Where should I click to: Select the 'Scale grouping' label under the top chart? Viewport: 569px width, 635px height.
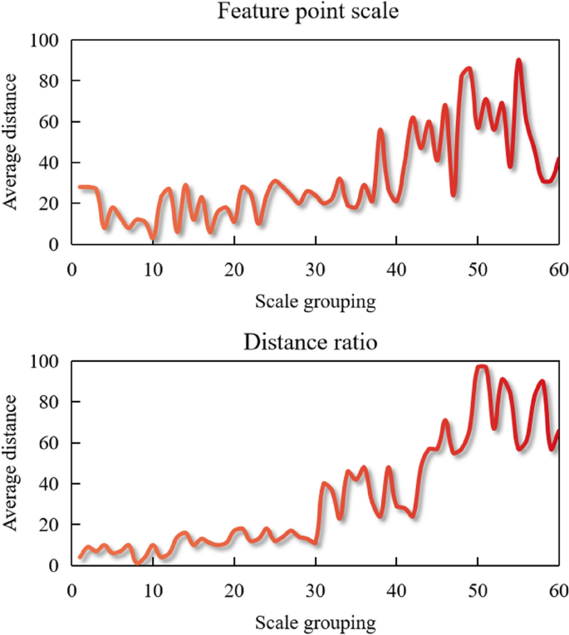pos(314,301)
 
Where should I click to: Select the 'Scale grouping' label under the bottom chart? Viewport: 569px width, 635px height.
pos(314,622)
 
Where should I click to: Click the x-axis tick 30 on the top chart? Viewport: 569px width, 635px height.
pos(315,268)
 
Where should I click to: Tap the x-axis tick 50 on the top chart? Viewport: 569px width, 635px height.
pos(478,268)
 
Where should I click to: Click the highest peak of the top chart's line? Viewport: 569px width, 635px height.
pos(518,61)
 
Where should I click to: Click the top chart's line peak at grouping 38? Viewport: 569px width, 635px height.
pos(380,130)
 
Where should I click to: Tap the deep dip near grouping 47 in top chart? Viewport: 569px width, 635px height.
pos(454,194)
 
